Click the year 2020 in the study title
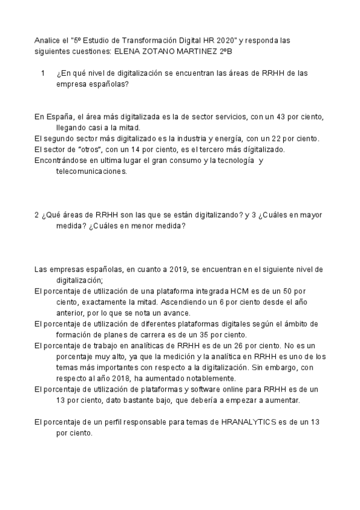coord(222,41)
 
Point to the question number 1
coord(43,73)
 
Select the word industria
coord(178,138)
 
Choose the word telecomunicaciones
coord(91,171)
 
